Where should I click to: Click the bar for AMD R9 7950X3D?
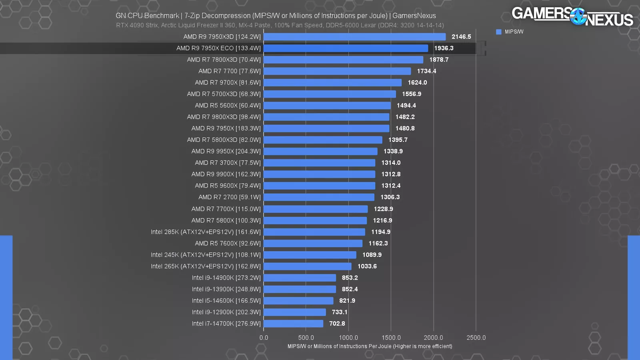354,37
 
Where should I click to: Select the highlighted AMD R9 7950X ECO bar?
346,48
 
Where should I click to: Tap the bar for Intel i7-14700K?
293,324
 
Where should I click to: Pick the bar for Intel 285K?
314,232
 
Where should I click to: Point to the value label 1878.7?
439,60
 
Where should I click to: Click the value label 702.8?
337,324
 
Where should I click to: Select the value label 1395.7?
398,140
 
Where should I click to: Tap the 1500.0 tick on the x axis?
391,338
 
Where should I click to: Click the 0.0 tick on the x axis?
264,338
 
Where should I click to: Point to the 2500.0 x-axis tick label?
476,338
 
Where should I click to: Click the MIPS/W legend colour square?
498,32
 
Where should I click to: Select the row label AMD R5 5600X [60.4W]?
228,106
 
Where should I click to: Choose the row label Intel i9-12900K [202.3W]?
226,312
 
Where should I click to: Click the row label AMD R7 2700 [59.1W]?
229,197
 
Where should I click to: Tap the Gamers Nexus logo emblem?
578,16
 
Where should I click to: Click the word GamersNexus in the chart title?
414,16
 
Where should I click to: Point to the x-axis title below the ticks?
370,346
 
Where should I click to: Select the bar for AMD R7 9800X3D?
326,117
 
